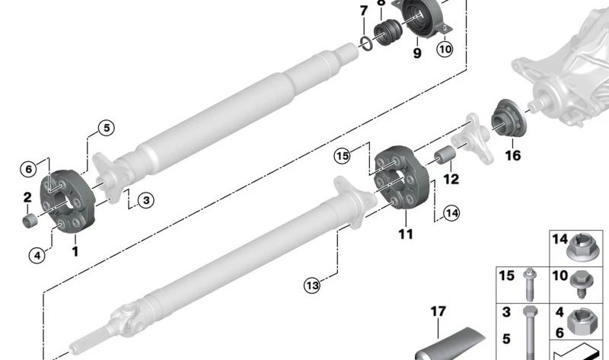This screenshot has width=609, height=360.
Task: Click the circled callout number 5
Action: click(x=107, y=128)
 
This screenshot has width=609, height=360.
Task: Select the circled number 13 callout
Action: click(x=311, y=285)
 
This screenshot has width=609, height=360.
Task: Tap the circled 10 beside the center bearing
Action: click(x=445, y=49)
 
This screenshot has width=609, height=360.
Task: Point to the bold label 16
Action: click(x=512, y=156)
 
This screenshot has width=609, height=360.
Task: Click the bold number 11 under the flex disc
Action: click(x=406, y=234)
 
